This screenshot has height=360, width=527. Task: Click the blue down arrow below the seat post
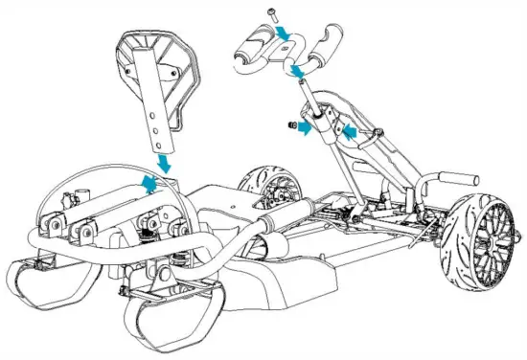[x=165, y=162]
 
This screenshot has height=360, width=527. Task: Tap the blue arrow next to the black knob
[x=304, y=127]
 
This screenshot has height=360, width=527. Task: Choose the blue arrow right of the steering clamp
[x=353, y=129]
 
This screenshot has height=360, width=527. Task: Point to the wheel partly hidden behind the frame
[x=260, y=187]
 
